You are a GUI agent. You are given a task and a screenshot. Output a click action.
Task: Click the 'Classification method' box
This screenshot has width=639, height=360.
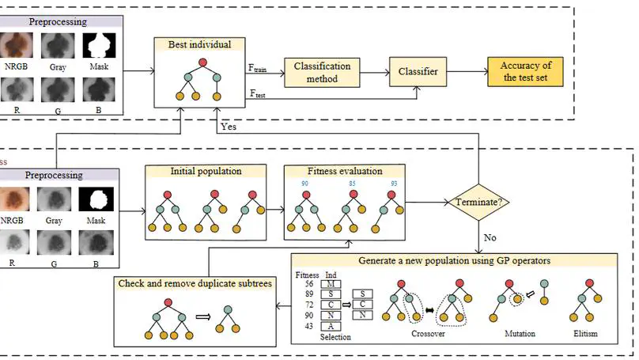[322, 74]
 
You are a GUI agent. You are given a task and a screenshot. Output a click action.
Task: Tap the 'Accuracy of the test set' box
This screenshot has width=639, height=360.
[525, 72]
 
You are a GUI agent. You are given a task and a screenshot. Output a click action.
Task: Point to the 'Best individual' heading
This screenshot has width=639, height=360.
[200, 44]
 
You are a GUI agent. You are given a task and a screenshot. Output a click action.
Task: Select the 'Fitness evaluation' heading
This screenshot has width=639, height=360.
[344, 171]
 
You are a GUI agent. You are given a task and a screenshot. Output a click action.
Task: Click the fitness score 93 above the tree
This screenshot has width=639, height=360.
[393, 184]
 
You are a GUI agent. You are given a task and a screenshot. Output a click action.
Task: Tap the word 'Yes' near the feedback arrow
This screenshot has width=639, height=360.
[228, 126]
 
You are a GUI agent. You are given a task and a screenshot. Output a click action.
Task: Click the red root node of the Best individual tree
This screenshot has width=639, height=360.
[202, 62]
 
